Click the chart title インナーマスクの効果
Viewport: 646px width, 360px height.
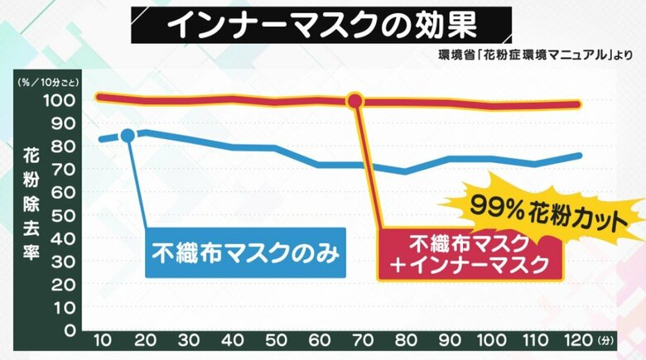point(322,26)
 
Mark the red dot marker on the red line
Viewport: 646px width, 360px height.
point(355,101)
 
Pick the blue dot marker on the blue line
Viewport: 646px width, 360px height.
point(128,135)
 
